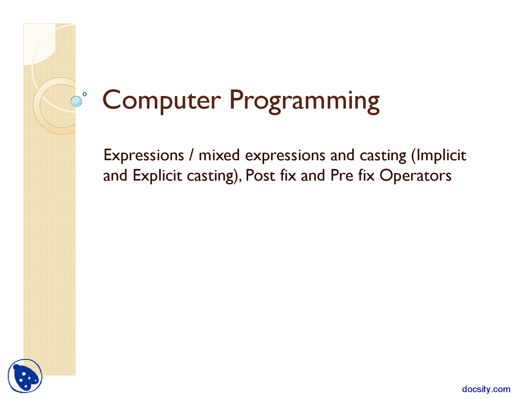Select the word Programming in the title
304,102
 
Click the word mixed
219,155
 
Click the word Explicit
157,175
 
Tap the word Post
260,175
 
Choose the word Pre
342,175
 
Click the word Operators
415,176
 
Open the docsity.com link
486,389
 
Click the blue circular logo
25,376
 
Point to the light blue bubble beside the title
76,101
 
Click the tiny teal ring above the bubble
85,94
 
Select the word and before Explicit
115,175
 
